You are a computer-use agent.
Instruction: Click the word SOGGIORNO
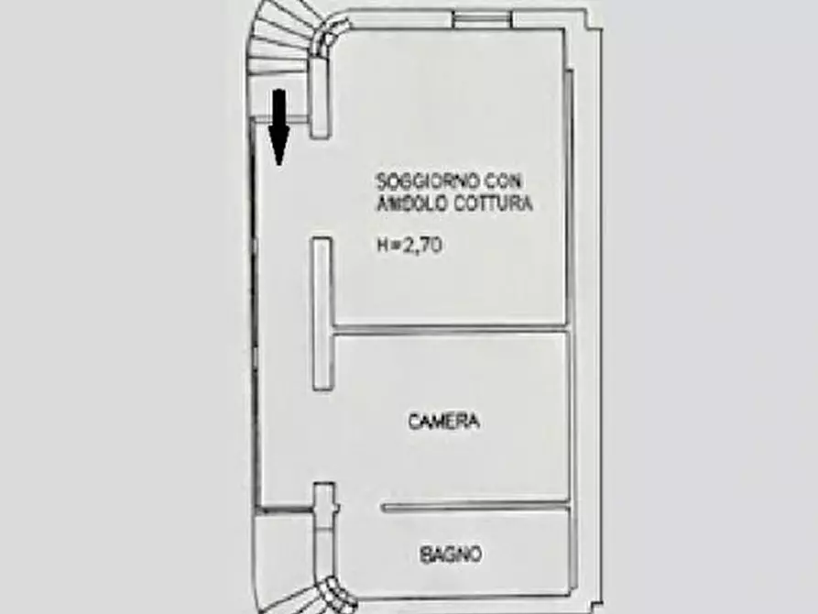click(x=429, y=181)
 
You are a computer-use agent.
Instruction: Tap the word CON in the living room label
click(x=504, y=181)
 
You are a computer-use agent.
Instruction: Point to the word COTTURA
click(x=493, y=203)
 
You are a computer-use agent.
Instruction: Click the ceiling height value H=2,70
click(x=409, y=245)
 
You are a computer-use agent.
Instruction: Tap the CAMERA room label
click(x=444, y=422)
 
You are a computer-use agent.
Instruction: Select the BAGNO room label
click(x=451, y=554)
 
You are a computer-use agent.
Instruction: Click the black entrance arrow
click(x=279, y=127)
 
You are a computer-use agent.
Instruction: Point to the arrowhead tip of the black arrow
click(x=279, y=166)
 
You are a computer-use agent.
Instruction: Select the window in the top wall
click(x=481, y=19)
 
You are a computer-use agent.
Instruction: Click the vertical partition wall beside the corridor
click(x=323, y=313)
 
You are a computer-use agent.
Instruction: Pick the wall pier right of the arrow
click(x=321, y=98)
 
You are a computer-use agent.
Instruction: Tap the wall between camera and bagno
click(x=474, y=506)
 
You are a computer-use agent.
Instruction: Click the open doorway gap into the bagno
click(x=360, y=507)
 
